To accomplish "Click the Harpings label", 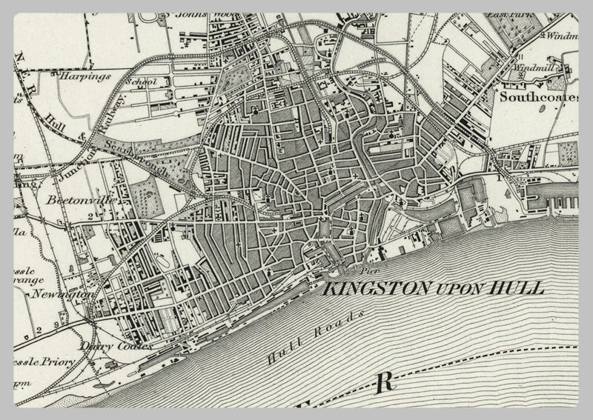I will [x=86, y=76].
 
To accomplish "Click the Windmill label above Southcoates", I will [x=534, y=67].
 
